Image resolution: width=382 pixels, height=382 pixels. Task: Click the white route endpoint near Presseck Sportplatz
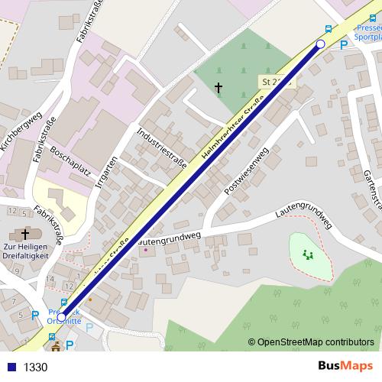[x=321, y=45]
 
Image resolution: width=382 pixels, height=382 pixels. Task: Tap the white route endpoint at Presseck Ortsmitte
[x=62, y=316]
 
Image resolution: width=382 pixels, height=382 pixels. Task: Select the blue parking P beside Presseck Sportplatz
[x=343, y=44]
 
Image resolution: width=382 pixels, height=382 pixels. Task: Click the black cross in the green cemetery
[x=219, y=89]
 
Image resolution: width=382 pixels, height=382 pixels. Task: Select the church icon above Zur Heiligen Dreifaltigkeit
[x=26, y=235]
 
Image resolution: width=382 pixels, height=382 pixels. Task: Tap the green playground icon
[x=309, y=254]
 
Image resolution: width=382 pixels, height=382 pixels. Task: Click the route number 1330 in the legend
[x=36, y=367]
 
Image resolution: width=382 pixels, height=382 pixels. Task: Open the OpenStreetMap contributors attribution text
[x=316, y=343]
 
